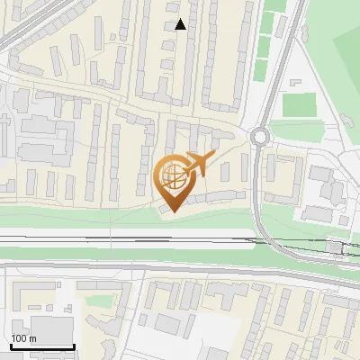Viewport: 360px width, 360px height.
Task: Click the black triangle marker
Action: coord(181,24)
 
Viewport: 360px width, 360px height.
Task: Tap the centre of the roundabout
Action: coord(261,137)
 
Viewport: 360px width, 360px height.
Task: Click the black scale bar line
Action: coord(42,347)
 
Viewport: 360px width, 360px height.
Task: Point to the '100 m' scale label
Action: coord(23,338)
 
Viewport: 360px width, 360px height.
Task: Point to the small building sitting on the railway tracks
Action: coord(334,246)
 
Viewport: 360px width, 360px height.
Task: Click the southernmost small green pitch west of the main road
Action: coord(260,68)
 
